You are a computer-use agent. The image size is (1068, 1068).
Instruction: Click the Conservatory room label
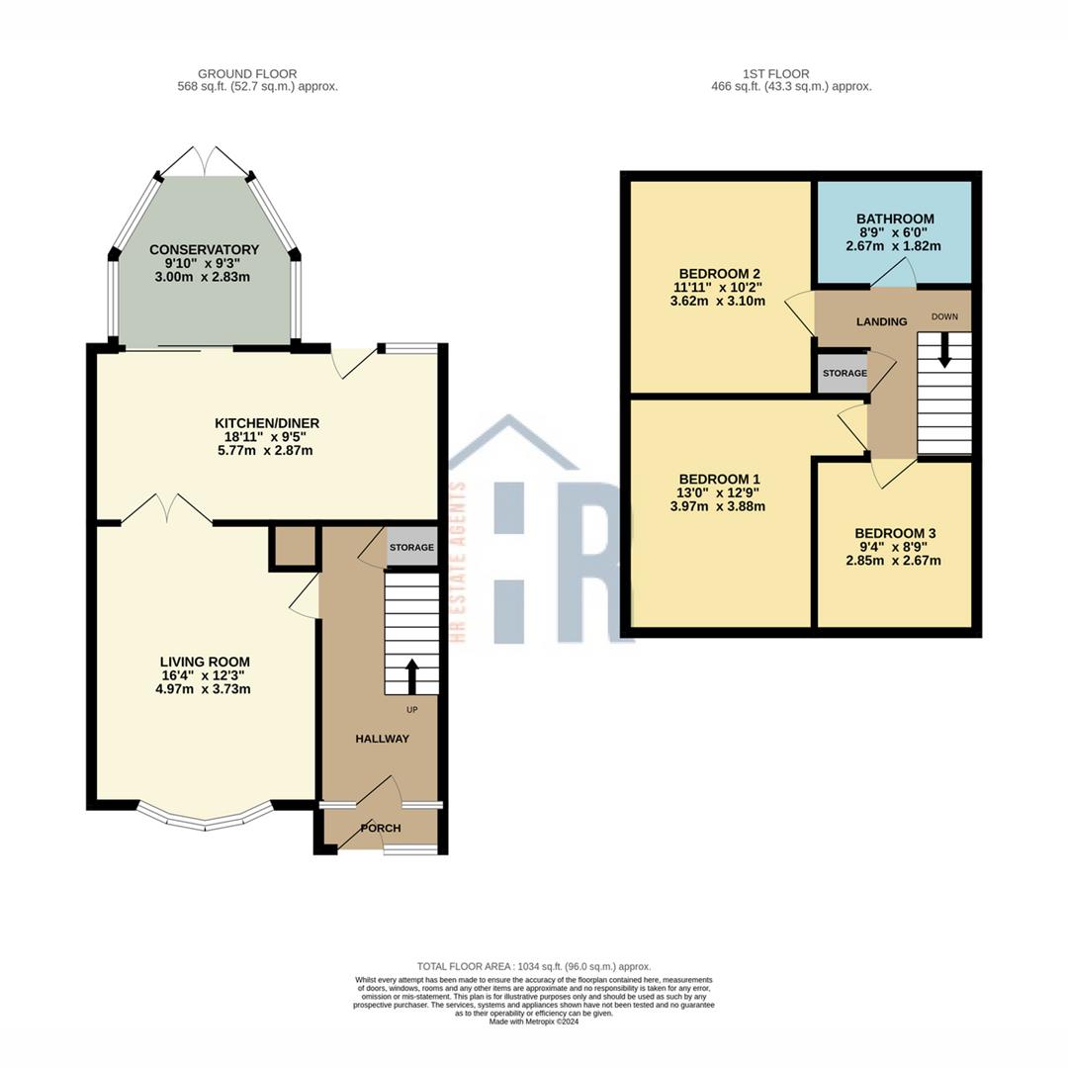point(204,250)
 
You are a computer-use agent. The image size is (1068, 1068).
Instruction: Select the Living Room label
point(205,662)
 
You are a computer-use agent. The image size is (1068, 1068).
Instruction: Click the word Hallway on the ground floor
point(382,739)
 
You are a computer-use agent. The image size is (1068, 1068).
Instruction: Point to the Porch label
point(380,828)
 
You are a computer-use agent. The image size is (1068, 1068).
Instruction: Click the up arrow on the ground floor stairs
point(411,677)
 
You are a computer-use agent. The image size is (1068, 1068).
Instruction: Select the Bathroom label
point(895,219)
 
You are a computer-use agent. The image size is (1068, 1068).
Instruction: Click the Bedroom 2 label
point(718,274)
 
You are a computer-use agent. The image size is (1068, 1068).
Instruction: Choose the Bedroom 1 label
point(718,479)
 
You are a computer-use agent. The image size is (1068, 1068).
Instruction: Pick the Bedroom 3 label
point(894,533)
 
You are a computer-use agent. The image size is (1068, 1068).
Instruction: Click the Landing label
point(881,321)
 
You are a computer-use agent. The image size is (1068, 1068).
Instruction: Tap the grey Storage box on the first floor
point(843,374)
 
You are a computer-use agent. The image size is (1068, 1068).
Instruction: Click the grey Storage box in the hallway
point(411,548)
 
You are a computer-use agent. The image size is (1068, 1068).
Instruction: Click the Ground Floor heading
point(247,74)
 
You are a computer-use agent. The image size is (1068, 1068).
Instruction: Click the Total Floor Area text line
point(534,966)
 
